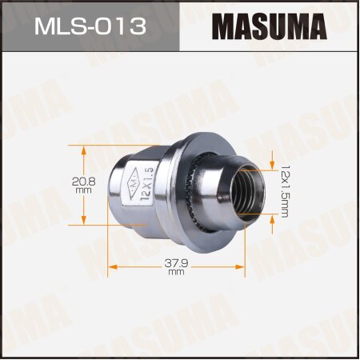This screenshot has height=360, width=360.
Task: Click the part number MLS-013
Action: coord(90,26)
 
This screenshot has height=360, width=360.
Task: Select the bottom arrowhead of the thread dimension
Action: coord(273,226)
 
